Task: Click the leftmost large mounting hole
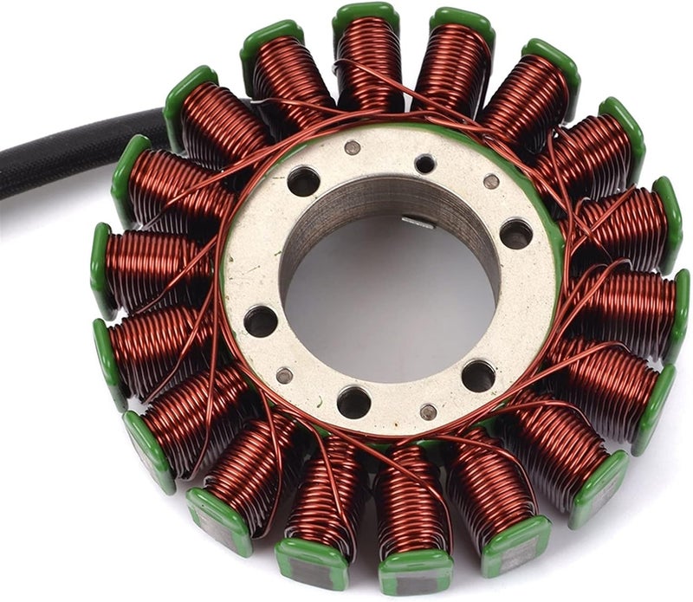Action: pyautogui.click(x=260, y=321)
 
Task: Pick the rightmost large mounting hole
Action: pyautogui.click(x=516, y=233)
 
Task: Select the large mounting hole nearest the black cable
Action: pyautogui.click(x=303, y=181)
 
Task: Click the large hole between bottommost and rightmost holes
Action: pyautogui.click(x=478, y=375)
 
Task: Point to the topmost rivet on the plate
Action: pyautogui.click(x=352, y=147)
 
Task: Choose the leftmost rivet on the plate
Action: pyautogui.click(x=284, y=375)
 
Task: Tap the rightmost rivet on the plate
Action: pyautogui.click(x=491, y=182)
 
